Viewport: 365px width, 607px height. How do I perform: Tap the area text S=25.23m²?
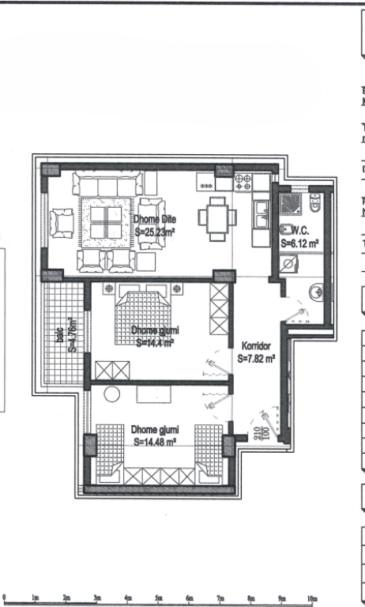coord(155,232)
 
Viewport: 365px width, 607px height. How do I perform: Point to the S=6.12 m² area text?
coord(299,244)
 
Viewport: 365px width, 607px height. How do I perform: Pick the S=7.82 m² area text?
coord(256,358)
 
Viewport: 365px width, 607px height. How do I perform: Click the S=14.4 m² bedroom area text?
coord(153,342)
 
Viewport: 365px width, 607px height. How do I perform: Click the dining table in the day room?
coord(216,218)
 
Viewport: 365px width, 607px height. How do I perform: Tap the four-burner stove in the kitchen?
coord(243,183)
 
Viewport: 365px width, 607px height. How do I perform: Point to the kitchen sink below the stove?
coord(260,213)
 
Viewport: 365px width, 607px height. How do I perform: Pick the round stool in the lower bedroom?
coord(111,394)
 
